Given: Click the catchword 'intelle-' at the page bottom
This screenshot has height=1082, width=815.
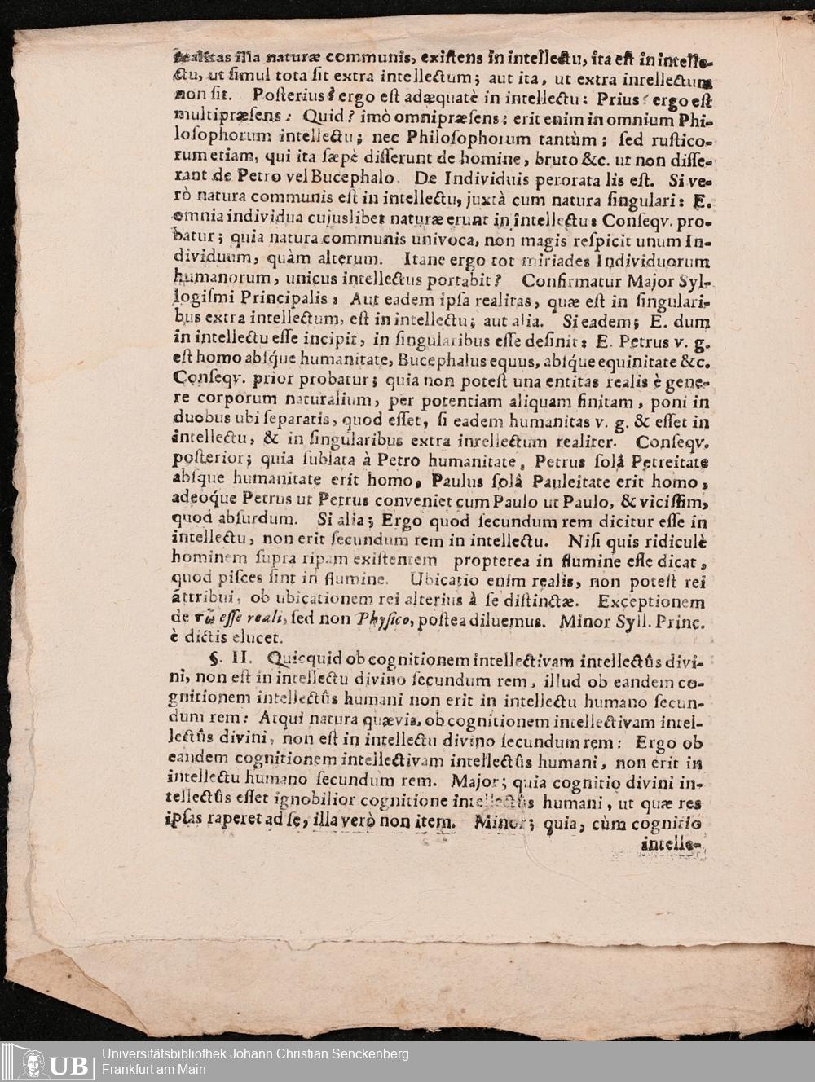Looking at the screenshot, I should pos(672,845).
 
